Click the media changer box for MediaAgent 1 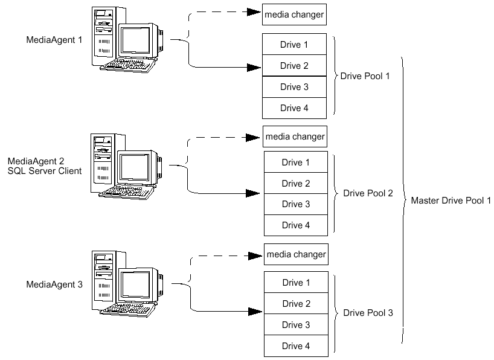click(294, 14)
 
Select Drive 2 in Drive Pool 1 click(294, 66)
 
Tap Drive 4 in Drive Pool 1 click(294, 108)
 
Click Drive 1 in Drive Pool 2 click(295, 162)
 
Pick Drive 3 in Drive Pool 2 click(295, 204)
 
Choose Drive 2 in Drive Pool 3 click(296, 304)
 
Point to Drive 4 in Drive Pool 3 click(296, 346)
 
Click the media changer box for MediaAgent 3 click(296, 254)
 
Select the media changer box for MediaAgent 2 click(295, 137)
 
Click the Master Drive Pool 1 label click(451, 201)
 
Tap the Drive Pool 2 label click(368, 193)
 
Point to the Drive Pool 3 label click(368, 313)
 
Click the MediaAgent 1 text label click(53, 40)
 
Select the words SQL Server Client click(45, 171)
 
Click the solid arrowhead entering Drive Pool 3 click(255, 312)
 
